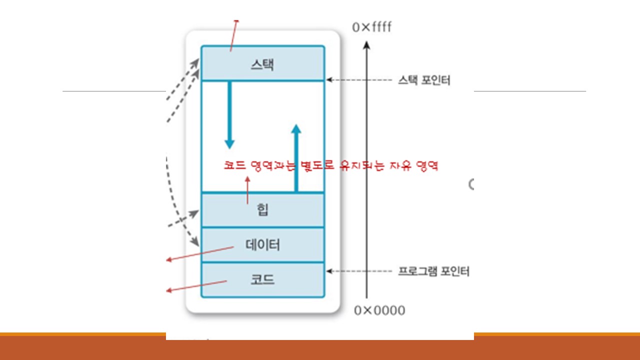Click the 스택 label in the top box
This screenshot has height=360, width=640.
click(262, 64)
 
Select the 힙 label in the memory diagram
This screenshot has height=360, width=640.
click(262, 209)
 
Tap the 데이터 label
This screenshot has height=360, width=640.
click(262, 245)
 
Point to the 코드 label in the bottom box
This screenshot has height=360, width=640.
click(262, 279)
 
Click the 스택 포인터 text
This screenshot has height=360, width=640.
click(424, 80)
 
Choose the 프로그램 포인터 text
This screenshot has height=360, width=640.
click(433, 271)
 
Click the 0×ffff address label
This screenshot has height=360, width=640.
click(372, 27)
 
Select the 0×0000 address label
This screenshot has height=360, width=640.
click(379, 310)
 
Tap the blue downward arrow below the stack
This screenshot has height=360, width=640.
click(229, 115)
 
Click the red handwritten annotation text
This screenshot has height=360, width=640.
click(331, 166)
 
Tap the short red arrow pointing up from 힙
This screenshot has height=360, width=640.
click(247, 190)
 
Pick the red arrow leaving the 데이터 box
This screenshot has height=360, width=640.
click(200, 253)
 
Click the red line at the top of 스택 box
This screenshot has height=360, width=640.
click(233, 35)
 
